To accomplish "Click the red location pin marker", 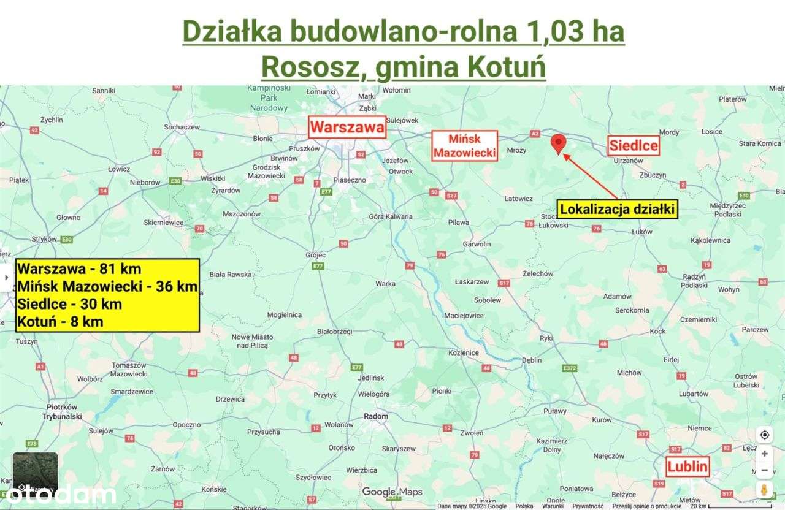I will tap(558, 143).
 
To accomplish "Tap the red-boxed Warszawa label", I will tap(347, 128).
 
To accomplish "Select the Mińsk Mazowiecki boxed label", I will tap(464, 146).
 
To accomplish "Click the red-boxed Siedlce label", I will tap(634, 146).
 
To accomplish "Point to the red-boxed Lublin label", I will tap(688, 467).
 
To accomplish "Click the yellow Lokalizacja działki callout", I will tap(618, 210).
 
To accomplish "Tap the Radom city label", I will tap(376, 416).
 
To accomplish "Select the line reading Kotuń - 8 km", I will tap(61, 321).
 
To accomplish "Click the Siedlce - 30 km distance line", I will tap(70, 303).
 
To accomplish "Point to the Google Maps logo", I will tap(392, 492).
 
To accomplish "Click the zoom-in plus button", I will tap(764, 454).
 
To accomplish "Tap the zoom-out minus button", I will tap(764, 471).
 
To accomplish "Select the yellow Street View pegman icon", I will tap(764, 490).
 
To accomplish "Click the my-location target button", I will tap(764, 435).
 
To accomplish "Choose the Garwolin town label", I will tap(478, 244).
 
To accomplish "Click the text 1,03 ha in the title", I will tap(574, 32).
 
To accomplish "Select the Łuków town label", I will tap(641, 232).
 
